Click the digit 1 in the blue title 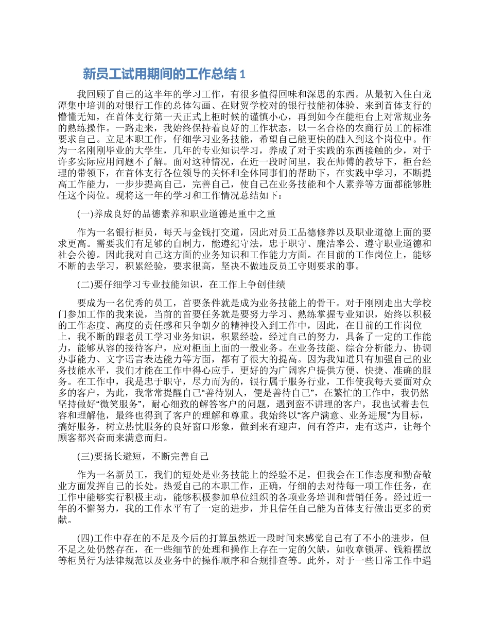point(242,75)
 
